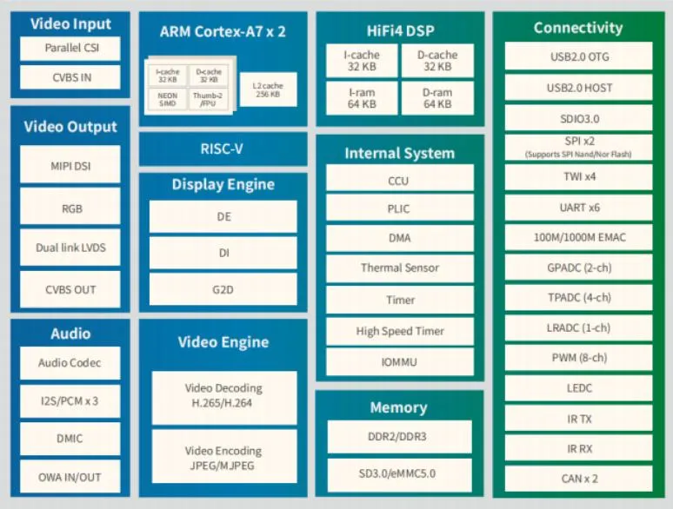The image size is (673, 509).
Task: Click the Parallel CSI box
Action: click(x=70, y=49)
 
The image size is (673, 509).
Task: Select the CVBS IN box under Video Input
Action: click(x=70, y=77)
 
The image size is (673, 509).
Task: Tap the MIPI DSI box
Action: click(x=70, y=164)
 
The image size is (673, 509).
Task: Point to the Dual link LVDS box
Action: click(x=70, y=248)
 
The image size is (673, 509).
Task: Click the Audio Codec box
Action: click(x=70, y=363)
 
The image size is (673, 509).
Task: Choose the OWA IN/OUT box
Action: click(x=70, y=477)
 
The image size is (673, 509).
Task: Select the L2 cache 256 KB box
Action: click(x=268, y=89)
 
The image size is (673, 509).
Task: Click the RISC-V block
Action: click(x=223, y=149)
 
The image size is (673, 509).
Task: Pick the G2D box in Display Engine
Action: click(x=223, y=289)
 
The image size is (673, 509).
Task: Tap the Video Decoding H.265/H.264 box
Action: click(x=223, y=394)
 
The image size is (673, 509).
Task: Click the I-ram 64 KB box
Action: click(x=362, y=97)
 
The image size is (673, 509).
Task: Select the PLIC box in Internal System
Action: click(x=399, y=208)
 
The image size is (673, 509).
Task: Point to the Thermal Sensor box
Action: click(x=399, y=268)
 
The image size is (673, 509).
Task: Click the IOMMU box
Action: click(x=399, y=361)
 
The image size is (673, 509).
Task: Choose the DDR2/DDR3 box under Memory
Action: click(x=399, y=437)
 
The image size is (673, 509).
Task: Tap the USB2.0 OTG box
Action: click(x=578, y=57)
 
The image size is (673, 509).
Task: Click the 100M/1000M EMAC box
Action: click(x=578, y=237)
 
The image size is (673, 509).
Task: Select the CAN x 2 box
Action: click(x=578, y=478)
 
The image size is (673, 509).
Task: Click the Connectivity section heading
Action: click(x=578, y=28)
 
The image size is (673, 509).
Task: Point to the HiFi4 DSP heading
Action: click(x=399, y=28)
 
